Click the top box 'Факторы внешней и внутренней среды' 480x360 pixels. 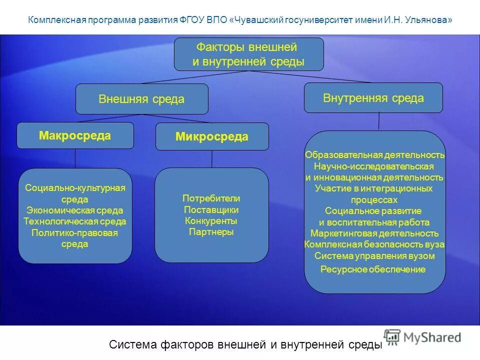click(x=248, y=54)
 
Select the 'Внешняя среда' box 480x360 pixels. click(x=141, y=99)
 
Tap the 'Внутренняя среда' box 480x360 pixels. click(x=373, y=97)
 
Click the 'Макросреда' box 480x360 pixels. click(x=75, y=135)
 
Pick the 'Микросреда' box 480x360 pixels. click(x=211, y=136)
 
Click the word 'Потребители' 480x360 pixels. click(x=211, y=198)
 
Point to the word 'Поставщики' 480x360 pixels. click(x=211, y=210)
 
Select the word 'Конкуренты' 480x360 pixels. click(x=211, y=221)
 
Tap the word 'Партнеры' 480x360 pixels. click(x=211, y=232)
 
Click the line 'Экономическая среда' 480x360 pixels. click(x=75, y=210)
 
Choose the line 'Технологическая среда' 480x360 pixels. click(x=75, y=221)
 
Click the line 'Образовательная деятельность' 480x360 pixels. click(x=374, y=155)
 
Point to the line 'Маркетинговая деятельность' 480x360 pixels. click(x=374, y=233)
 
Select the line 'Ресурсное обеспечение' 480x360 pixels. click(x=373, y=269)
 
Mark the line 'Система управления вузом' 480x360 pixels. click(x=374, y=256)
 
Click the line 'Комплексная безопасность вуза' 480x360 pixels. click(x=374, y=245)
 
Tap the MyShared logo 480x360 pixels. click(x=422, y=337)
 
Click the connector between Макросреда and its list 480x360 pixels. click(x=75, y=159)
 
